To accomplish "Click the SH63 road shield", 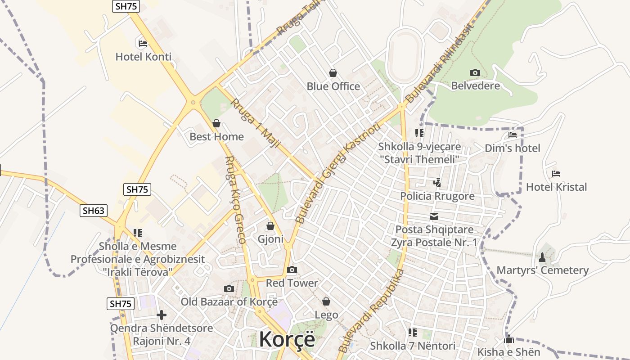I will (x=94, y=210).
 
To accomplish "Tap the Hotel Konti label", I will (x=144, y=57).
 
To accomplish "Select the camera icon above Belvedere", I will (x=475, y=73).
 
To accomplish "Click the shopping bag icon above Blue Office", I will (x=333, y=73).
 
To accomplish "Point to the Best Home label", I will (x=216, y=136).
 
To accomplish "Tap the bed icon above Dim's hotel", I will (x=512, y=135).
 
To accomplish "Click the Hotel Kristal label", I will (x=556, y=187).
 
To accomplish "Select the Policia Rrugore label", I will (x=437, y=196).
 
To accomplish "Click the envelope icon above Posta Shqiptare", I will (x=434, y=216).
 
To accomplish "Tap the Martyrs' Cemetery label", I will (x=542, y=270).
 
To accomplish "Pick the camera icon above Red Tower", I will (x=292, y=270).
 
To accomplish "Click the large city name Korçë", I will (x=287, y=339).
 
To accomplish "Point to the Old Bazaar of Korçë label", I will (x=229, y=301).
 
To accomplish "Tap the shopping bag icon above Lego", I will (x=326, y=301).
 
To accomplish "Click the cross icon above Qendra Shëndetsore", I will (x=162, y=315).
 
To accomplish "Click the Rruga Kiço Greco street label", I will (x=235, y=200).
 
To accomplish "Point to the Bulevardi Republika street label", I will (x=371, y=311).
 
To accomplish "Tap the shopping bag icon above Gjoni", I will (x=270, y=226).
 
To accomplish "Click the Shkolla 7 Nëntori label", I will (x=413, y=346).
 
